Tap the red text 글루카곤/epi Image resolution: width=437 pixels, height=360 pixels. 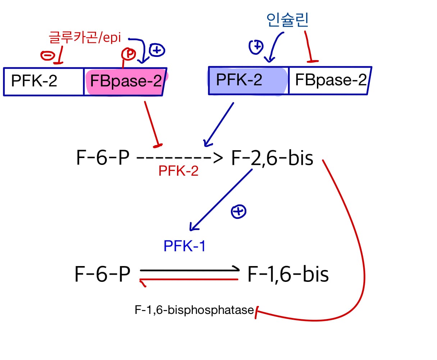(x=85, y=37)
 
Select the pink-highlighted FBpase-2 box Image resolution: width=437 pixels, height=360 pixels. (x=126, y=81)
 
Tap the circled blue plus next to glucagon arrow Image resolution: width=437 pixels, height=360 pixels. (x=157, y=50)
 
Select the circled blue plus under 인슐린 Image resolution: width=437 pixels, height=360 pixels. (x=256, y=47)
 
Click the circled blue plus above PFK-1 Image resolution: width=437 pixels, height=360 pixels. (x=238, y=212)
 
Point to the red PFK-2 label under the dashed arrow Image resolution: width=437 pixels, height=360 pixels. (x=178, y=171)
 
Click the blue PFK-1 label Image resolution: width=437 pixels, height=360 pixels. (x=184, y=246)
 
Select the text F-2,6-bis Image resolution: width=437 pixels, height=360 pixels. (x=272, y=158)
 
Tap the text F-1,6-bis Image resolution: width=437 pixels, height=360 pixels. (x=288, y=274)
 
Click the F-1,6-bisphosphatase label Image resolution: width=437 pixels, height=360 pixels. (x=194, y=310)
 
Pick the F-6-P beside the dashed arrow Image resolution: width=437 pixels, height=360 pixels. (x=103, y=158)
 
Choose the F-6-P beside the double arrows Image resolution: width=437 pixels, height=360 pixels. (x=102, y=274)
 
